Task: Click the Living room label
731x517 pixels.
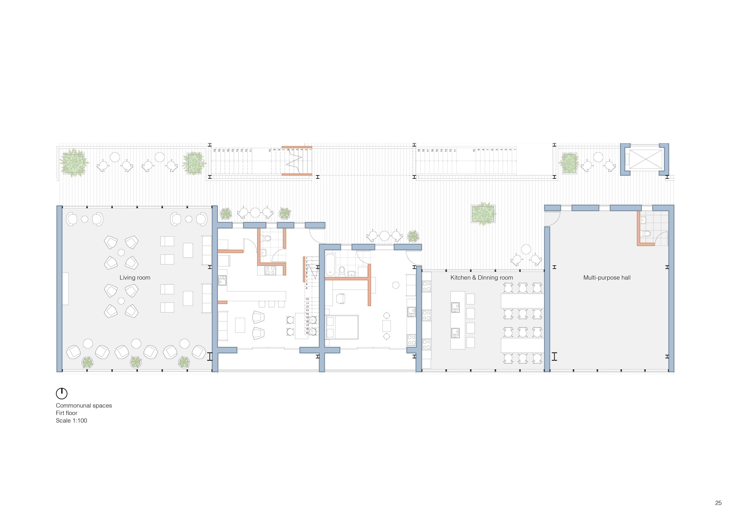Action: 135,278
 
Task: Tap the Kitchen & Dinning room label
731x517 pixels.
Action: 481,278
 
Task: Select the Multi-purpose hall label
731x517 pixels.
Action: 606,278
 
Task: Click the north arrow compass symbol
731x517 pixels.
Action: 62,393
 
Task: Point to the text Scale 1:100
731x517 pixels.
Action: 71,420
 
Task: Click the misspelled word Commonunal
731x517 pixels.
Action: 70,406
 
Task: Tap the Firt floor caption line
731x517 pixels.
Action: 67,413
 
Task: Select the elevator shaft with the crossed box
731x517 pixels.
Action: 645,159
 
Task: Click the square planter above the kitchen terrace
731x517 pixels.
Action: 483,214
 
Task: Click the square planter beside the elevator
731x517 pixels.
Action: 569,163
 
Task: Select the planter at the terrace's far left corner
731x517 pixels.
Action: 74,163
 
